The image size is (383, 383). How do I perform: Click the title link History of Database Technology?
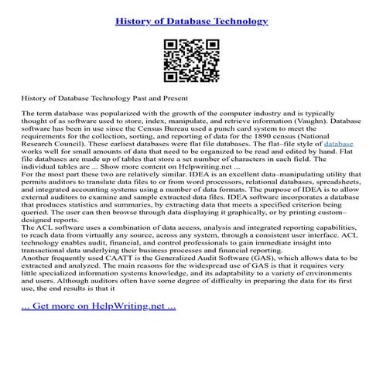191,20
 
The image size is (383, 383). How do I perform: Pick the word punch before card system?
209,128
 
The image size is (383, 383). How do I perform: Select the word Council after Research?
75,143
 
